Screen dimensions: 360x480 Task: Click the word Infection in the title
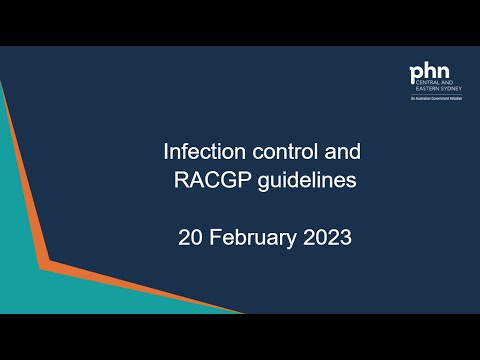[x=196, y=154]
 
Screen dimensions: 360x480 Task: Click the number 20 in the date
[x=189, y=239]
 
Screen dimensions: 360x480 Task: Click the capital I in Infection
[x=166, y=154]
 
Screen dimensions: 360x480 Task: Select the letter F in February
[x=211, y=239]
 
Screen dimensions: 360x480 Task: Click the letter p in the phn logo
[x=416, y=75]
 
